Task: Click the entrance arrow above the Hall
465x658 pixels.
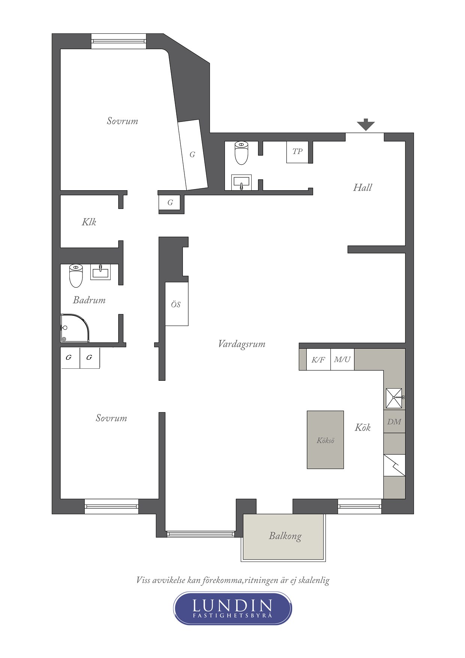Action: coord(365,124)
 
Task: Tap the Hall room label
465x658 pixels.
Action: coord(362,188)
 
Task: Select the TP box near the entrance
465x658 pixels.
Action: coord(297,152)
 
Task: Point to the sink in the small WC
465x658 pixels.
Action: coord(241,182)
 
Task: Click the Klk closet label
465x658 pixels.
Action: coord(89,222)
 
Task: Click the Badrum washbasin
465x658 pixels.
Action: coord(100,272)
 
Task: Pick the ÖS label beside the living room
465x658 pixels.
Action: coord(176,305)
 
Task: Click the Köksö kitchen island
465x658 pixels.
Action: coord(325,440)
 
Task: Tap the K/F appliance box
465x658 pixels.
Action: coord(318,360)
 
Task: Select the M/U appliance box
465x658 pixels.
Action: coord(342,360)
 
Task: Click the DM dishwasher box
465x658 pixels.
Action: coord(394,422)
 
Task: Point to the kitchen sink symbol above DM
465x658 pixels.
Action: coord(394,398)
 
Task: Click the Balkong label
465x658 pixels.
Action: coord(285,536)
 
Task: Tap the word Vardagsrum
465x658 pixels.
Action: coord(241,344)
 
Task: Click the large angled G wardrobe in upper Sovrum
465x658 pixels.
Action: coord(193,155)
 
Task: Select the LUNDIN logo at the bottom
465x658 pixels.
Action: coord(232,608)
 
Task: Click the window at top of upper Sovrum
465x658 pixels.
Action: coord(118,41)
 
